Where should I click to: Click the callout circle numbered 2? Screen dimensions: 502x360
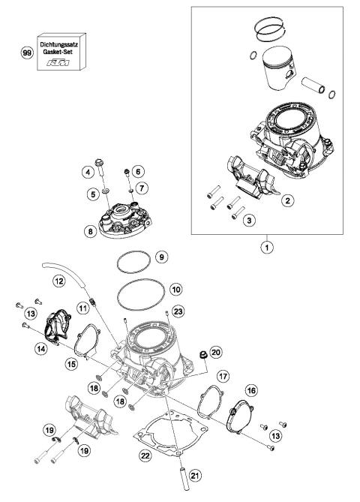[286, 200]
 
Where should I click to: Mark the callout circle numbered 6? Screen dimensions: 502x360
[139, 172]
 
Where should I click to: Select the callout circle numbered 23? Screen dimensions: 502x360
[177, 311]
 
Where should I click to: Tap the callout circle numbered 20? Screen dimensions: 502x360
[216, 352]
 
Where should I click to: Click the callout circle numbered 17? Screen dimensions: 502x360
[223, 374]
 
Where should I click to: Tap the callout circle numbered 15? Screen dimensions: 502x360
[71, 363]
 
